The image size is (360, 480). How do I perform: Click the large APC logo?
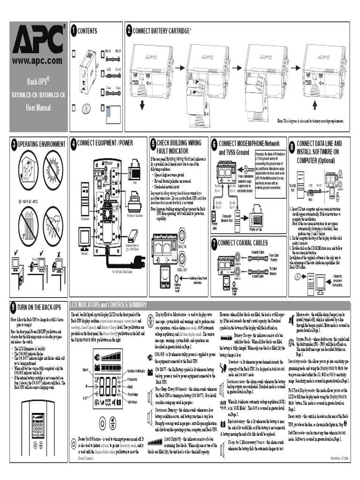(38, 40)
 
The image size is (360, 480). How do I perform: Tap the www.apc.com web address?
(37, 61)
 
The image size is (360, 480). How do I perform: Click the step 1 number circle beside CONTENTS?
(73, 31)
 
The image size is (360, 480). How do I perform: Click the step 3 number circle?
(14, 143)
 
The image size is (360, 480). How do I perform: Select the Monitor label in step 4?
(84, 253)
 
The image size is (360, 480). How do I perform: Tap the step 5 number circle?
(153, 143)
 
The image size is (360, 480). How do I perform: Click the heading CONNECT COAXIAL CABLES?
(243, 243)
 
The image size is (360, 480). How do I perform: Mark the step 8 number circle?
(292, 147)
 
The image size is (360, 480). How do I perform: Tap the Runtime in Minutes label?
(136, 358)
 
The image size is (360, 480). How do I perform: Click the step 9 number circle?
(14, 307)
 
